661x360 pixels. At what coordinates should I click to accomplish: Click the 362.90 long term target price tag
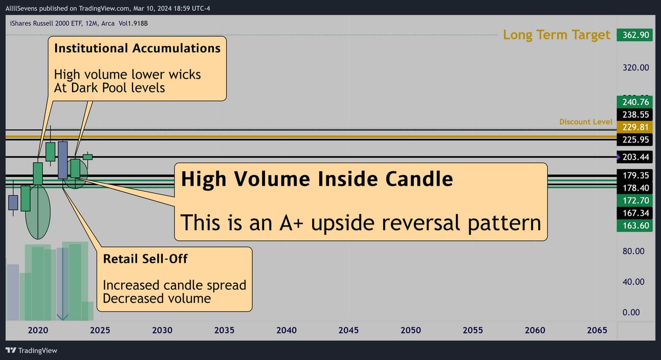pyautogui.click(x=634, y=35)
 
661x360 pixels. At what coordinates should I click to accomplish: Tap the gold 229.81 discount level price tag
pyautogui.click(x=634, y=127)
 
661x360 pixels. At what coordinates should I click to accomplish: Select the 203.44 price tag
pyautogui.click(x=634, y=157)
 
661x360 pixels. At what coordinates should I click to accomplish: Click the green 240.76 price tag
pyautogui.click(x=634, y=102)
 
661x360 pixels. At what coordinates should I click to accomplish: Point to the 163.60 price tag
pyautogui.click(x=634, y=226)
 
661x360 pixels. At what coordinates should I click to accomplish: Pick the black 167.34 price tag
pyautogui.click(x=634, y=213)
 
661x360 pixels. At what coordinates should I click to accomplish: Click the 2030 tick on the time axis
pyautogui.click(x=162, y=330)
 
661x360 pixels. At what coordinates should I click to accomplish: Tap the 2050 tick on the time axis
pyautogui.click(x=411, y=330)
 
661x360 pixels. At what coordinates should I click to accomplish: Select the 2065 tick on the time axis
pyautogui.click(x=597, y=330)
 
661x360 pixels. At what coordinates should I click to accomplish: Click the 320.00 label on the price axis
pyautogui.click(x=635, y=68)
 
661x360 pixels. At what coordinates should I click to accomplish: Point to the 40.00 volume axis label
pyautogui.click(x=633, y=282)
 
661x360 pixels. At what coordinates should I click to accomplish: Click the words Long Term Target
pyautogui.click(x=556, y=35)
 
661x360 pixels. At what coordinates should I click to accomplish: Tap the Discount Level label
pyautogui.click(x=586, y=122)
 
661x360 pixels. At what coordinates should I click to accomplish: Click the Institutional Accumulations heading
pyautogui.click(x=137, y=49)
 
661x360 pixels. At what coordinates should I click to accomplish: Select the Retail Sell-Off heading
pyautogui.click(x=145, y=259)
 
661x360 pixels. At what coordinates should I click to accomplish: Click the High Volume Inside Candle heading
pyautogui.click(x=317, y=179)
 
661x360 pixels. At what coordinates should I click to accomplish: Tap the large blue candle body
pyautogui.click(x=63, y=160)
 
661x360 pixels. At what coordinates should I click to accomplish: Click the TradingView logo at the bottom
pyautogui.click(x=31, y=350)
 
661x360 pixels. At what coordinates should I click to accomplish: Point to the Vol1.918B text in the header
pyautogui.click(x=133, y=24)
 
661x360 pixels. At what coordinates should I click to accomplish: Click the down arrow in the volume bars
pyautogui.click(x=62, y=284)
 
